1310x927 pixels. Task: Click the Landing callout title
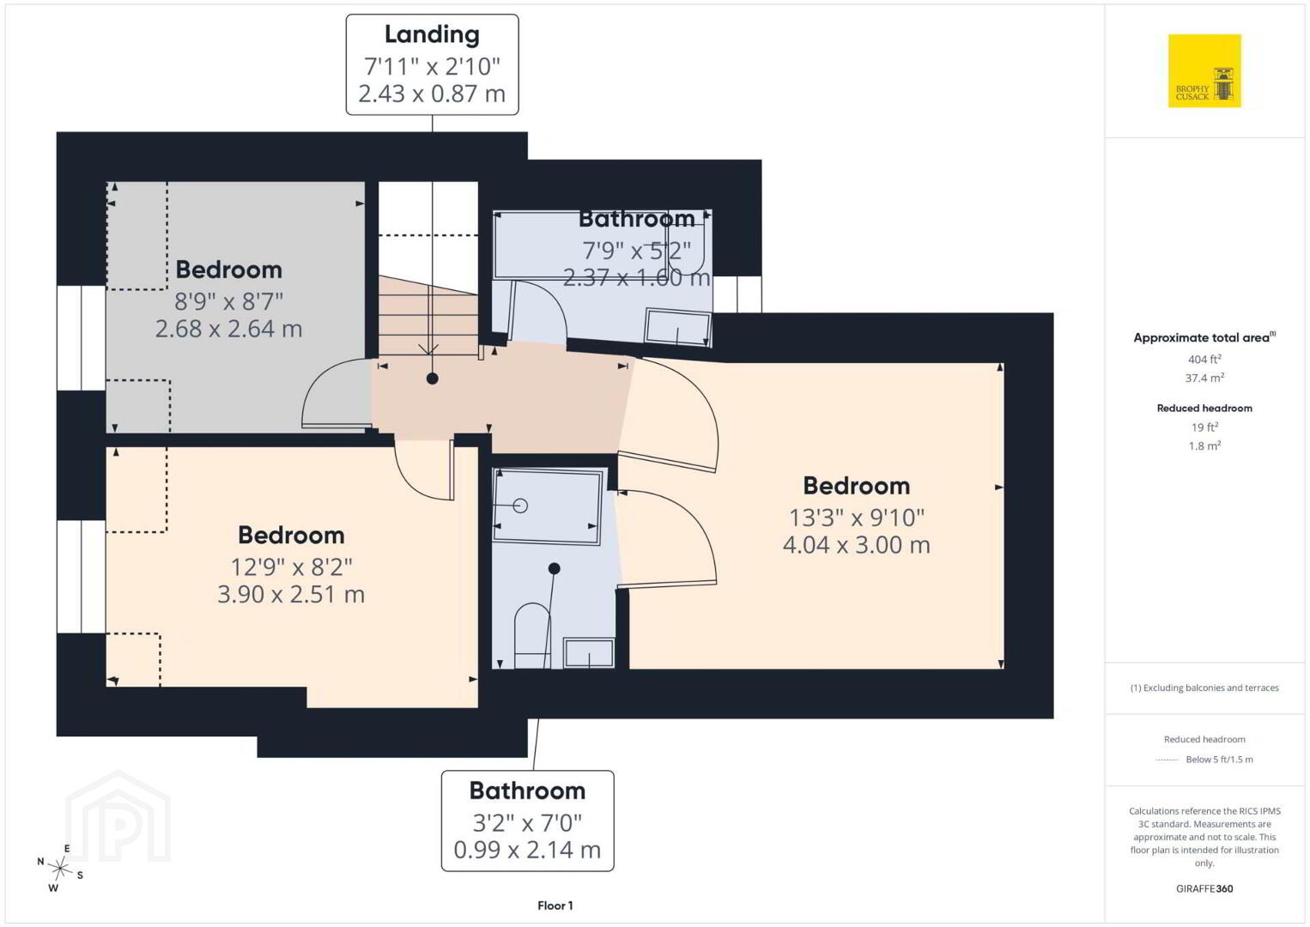(432, 34)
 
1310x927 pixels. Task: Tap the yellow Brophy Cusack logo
(1204, 70)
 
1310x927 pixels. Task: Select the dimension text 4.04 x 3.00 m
(856, 545)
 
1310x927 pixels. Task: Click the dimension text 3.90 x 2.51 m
(291, 595)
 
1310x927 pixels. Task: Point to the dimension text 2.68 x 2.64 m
(228, 329)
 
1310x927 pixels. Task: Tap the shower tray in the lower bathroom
(548, 506)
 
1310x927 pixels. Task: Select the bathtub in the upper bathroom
(602, 245)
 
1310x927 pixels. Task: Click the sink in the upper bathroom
(677, 328)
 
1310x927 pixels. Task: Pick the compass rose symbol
(60, 869)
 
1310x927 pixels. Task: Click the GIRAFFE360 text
(1204, 889)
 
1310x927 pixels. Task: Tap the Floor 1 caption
(555, 906)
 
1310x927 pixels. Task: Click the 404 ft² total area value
(1204, 359)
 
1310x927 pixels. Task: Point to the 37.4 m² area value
(1204, 378)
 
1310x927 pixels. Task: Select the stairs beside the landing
(428, 316)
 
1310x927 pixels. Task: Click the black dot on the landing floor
(432, 379)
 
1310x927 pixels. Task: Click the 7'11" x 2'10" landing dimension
(432, 66)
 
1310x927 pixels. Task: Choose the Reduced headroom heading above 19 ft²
(1204, 409)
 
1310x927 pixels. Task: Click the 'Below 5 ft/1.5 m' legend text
(1219, 760)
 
